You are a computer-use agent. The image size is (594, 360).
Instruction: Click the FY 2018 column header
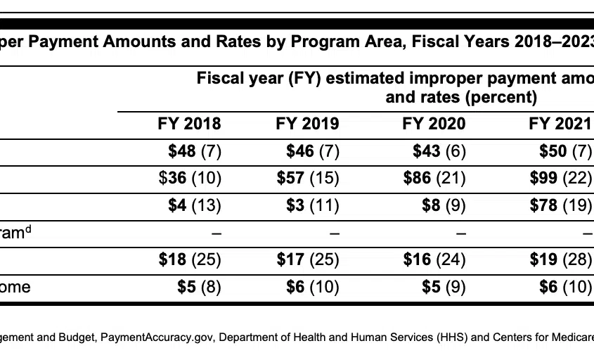189,124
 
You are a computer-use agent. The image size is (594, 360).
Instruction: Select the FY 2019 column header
307,124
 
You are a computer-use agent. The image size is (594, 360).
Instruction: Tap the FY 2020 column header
434,124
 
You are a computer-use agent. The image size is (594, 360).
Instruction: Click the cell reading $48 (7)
195,151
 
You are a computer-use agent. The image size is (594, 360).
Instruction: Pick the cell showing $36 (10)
190,178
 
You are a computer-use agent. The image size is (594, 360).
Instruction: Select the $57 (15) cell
308,178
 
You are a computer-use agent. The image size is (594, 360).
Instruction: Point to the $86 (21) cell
434,178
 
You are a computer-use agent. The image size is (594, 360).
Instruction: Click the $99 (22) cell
561,178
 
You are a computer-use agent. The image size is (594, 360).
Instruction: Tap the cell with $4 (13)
195,205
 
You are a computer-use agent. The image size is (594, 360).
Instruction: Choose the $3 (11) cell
313,205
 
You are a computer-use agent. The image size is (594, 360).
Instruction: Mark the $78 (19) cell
561,205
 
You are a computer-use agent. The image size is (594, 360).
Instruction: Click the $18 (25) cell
190,259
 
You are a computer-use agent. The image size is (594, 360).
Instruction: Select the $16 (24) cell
434,259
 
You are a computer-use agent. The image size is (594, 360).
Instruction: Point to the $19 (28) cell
561,259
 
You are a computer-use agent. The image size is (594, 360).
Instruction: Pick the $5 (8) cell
199,287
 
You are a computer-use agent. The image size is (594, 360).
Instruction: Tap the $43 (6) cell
439,151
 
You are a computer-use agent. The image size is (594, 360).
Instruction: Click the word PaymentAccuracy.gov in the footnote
157,337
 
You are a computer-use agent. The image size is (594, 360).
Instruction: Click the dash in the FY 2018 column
217,233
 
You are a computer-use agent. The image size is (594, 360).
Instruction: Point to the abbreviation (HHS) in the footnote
451,337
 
